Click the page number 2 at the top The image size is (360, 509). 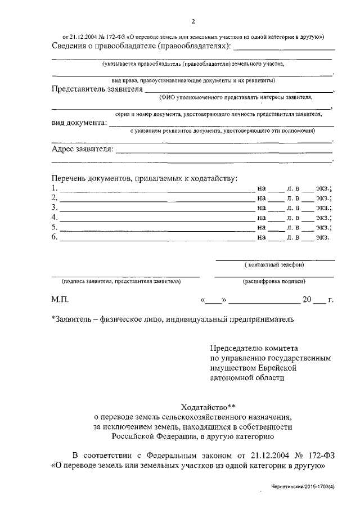(192, 22)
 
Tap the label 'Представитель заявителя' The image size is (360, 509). (97, 88)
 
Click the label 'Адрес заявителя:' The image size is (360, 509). (82, 150)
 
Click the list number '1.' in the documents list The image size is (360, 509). (54, 188)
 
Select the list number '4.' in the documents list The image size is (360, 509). (54, 217)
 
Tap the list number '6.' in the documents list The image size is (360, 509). (54, 237)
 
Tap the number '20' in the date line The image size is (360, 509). (307, 300)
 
